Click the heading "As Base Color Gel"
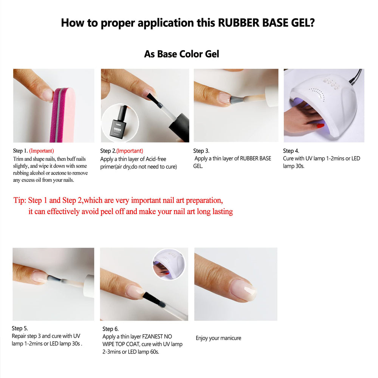point(181,54)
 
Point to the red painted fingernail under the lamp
point(321,125)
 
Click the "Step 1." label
point(20,151)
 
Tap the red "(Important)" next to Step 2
point(130,151)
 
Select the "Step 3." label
point(201,151)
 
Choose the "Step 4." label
point(291,151)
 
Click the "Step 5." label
point(20,328)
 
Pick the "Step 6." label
point(110,329)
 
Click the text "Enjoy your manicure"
point(218,338)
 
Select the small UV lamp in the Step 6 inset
point(169,265)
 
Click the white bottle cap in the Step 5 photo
point(88,286)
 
